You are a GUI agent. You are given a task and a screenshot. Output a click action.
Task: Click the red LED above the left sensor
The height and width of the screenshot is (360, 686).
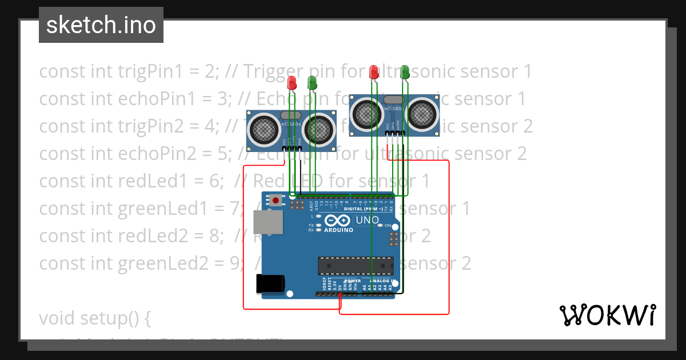pyautogui.click(x=292, y=83)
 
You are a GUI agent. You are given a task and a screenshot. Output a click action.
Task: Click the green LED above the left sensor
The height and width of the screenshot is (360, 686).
pyautogui.click(x=312, y=83)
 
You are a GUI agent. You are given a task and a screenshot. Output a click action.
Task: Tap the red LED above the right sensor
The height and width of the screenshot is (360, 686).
pyautogui.click(x=374, y=72)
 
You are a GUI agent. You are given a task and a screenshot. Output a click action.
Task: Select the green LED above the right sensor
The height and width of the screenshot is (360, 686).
pyautogui.click(x=405, y=72)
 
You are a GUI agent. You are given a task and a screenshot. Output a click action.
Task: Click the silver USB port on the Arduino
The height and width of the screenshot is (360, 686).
pyautogui.click(x=268, y=222)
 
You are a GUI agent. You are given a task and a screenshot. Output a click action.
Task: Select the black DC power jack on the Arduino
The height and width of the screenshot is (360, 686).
pyautogui.click(x=270, y=283)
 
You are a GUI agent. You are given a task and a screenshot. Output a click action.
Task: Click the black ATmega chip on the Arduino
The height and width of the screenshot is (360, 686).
pyautogui.click(x=356, y=266)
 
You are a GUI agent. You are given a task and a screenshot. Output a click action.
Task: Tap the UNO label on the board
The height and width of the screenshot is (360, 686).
pyautogui.click(x=367, y=220)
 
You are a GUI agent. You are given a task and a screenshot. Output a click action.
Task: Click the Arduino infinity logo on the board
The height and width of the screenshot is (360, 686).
pyautogui.click(x=337, y=221)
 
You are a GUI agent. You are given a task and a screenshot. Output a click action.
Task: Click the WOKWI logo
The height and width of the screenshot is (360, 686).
pyautogui.click(x=607, y=315)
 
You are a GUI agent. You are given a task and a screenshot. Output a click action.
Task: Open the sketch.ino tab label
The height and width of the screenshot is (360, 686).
pyautogui.click(x=101, y=25)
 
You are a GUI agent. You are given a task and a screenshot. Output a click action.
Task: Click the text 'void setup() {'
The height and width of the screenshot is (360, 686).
pyautogui.click(x=95, y=318)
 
